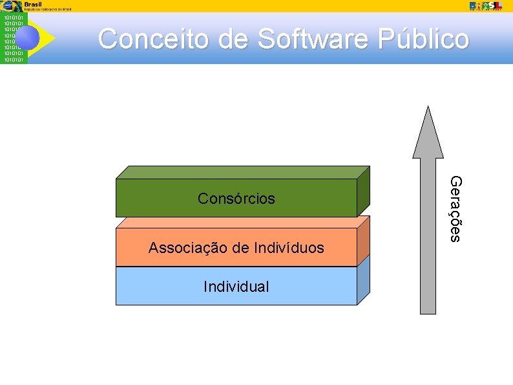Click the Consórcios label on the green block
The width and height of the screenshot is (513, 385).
click(x=236, y=199)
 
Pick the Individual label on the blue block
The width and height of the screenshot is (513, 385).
click(x=236, y=287)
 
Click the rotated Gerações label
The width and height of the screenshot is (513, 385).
click(x=455, y=209)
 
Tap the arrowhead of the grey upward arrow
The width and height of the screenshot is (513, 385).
click(x=428, y=132)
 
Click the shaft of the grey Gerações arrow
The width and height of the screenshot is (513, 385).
click(x=428, y=246)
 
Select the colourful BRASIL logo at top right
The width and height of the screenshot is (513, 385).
click(x=485, y=5)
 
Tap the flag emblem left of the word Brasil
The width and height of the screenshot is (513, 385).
click(x=11, y=6)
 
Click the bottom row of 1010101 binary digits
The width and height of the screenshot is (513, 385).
click(x=14, y=60)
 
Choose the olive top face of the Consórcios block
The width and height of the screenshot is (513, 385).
click(x=242, y=172)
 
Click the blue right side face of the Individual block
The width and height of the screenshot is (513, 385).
click(x=364, y=280)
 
